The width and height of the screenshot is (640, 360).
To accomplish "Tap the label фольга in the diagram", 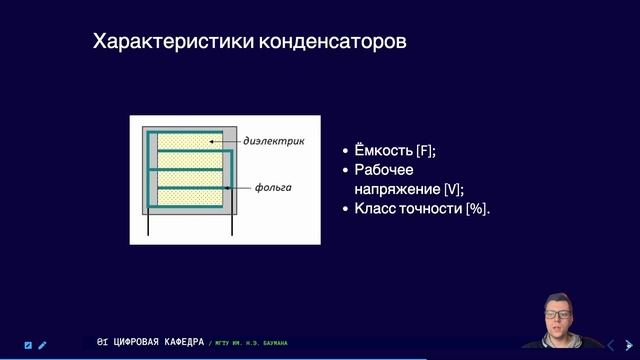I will pos(273,187).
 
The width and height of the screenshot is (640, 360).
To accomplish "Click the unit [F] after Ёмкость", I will pos(426,150).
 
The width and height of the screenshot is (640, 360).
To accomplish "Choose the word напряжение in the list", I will pos(396,188).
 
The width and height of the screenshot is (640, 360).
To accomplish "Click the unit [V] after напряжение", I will pos(452,188).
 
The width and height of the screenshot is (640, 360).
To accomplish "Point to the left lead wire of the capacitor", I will pos(150,227).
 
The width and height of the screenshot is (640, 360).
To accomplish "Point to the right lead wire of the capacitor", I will pos(231,227).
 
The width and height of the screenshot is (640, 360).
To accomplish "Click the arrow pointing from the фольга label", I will pos(238,187).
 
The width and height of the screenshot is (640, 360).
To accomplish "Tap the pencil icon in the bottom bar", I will pos(43,345).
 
